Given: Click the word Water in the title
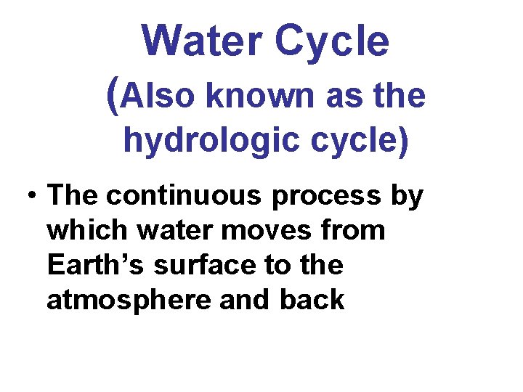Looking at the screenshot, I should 199,41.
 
